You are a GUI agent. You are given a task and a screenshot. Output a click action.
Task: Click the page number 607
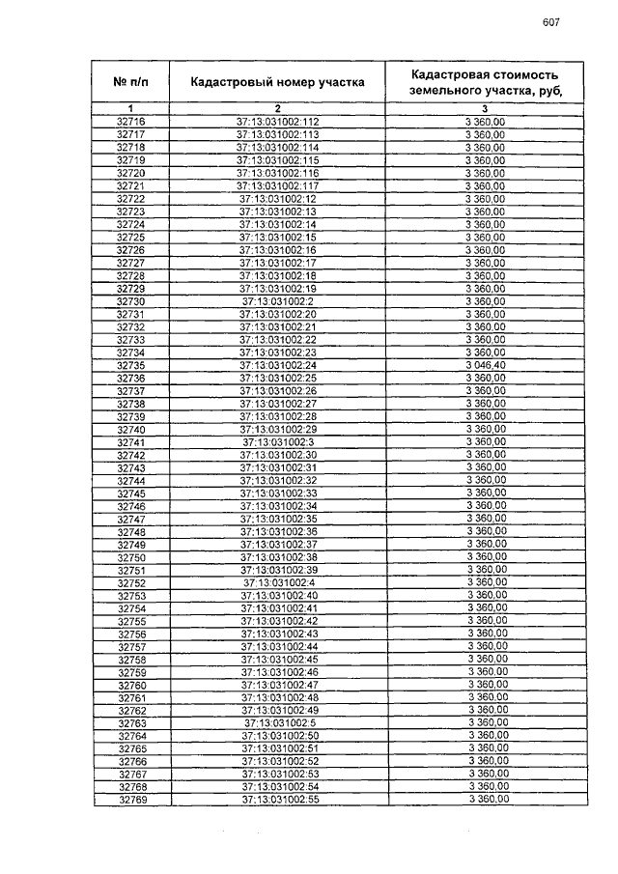pyautogui.click(x=551, y=22)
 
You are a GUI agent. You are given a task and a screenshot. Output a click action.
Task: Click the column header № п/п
pyautogui.click(x=130, y=82)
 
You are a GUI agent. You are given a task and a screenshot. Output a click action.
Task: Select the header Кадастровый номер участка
pyautogui.click(x=277, y=82)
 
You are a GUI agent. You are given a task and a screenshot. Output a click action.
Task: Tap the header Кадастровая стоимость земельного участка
pyautogui.click(x=485, y=82)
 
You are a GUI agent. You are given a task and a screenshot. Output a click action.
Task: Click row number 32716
pyautogui.click(x=130, y=122)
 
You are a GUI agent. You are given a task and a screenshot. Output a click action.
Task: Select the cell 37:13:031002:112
pyautogui.click(x=277, y=122)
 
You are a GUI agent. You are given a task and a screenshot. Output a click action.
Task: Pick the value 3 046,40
pyautogui.click(x=485, y=365)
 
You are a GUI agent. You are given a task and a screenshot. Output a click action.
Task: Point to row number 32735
pyautogui.click(x=130, y=365)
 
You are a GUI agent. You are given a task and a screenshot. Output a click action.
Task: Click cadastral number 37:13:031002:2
pyautogui.click(x=277, y=300)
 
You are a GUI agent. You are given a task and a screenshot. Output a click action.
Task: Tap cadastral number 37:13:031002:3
pyautogui.click(x=277, y=441)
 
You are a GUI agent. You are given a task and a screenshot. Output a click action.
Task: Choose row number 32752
pyautogui.click(x=130, y=582)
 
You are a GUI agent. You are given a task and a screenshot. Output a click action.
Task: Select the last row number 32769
pyautogui.click(x=131, y=800)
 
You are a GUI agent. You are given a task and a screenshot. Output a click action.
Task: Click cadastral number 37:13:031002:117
pyautogui.click(x=277, y=185)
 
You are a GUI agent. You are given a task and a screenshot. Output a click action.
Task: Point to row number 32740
pyautogui.click(x=130, y=429)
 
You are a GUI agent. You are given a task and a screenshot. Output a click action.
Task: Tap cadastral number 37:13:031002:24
pyautogui.click(x=277, y=365)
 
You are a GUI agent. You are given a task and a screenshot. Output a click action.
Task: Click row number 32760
pyautogui.click(x=131, y=685)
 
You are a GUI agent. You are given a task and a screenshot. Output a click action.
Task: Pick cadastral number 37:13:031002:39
pyautogui.click(x=278, y=570)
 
